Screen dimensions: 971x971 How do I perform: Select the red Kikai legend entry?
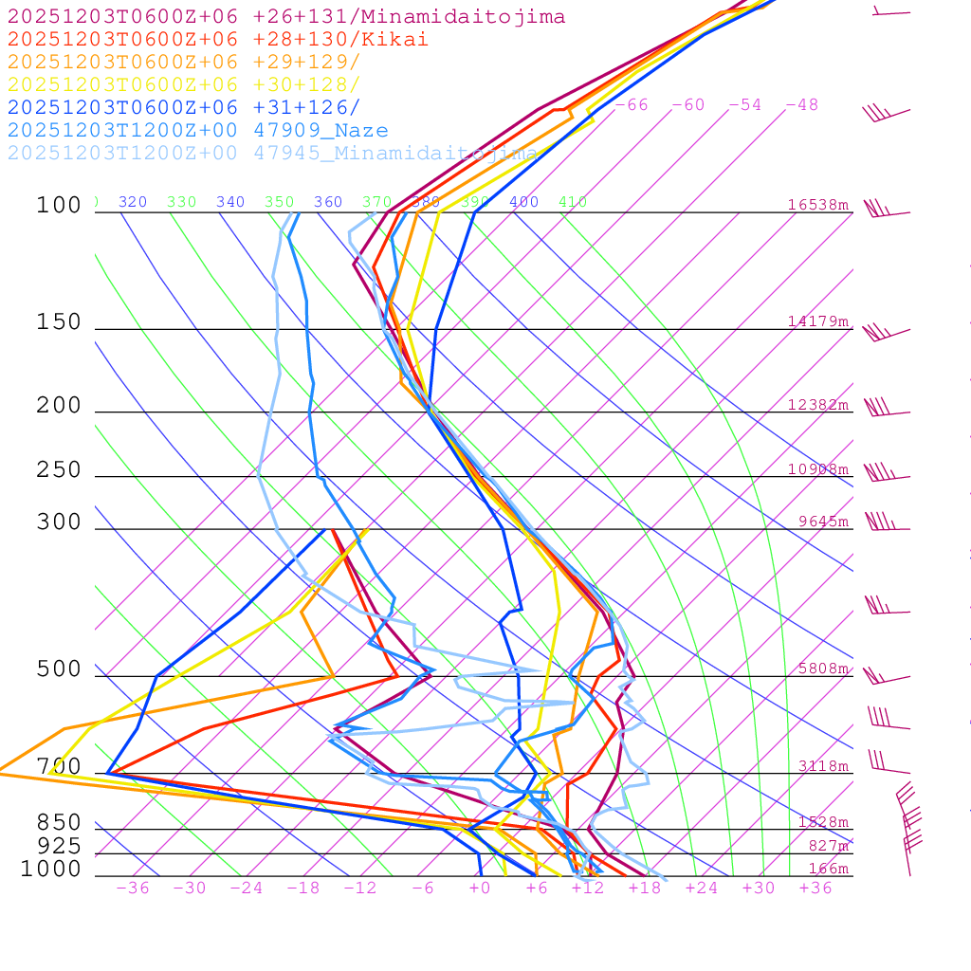(x=218, y=40)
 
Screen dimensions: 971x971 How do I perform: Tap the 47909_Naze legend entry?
(x=197, y=131)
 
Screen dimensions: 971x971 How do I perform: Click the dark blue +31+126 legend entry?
(x=184, y=108)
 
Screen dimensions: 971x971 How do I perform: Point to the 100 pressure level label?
(x=59, y=206)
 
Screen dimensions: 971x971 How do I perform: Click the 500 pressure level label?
(x=59, y=670)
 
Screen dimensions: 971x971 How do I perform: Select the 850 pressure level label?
(x=59, y=823)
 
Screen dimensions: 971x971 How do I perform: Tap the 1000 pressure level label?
(x=51, y=870)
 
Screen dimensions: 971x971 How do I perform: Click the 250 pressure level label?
(x=59, y=470)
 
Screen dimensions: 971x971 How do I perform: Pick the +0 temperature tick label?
(x=480, y=889)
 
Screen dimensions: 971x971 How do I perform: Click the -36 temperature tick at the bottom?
(x=132, y=889)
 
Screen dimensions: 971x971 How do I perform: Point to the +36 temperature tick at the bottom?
(x=815, y=889)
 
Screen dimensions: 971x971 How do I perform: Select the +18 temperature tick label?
(x=644, y=889)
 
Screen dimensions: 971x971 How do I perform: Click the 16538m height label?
(x=817, y=205)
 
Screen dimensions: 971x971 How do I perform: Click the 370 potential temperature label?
(x=376, y=202)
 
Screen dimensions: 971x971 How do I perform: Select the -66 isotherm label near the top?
(x=632, y=105)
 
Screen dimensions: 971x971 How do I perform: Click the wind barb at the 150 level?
(x=884, y=333)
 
